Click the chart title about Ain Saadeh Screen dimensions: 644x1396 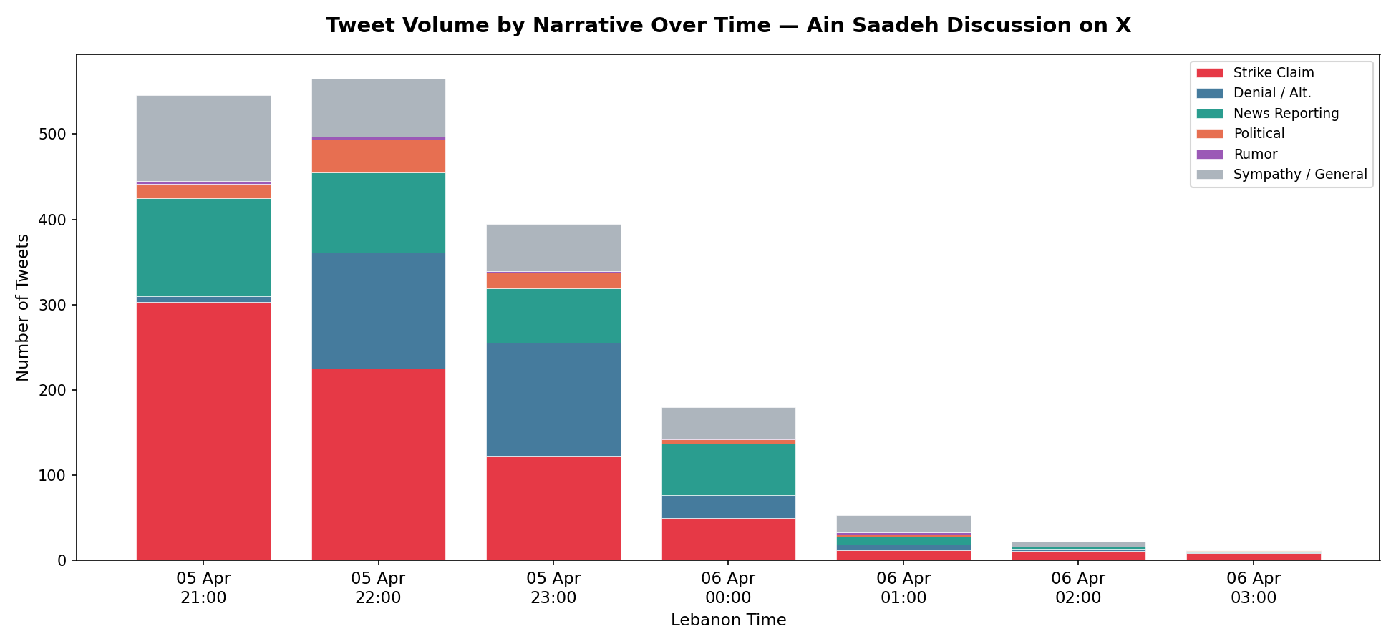tap(728, 26)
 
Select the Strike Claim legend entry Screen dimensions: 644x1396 tap(1273, 73)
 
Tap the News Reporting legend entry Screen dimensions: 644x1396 tap(1285, 114)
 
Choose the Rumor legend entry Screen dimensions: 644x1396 tap(1255, 155)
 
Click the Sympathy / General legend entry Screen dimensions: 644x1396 tap(1299, 175)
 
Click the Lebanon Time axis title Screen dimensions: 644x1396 tap(728, 620)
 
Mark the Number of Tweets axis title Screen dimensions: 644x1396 tap(23, 308)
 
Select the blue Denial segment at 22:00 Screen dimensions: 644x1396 tap(378, 311)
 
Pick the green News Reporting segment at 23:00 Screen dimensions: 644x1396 tap(553, 316)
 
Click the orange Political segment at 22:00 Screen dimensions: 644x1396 tap(378, 156)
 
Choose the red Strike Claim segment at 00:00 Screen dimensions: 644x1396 tap(728, 539)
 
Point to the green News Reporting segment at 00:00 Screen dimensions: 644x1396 tap(728, 469)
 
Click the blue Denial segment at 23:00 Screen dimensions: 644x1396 tap(553, 399)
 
